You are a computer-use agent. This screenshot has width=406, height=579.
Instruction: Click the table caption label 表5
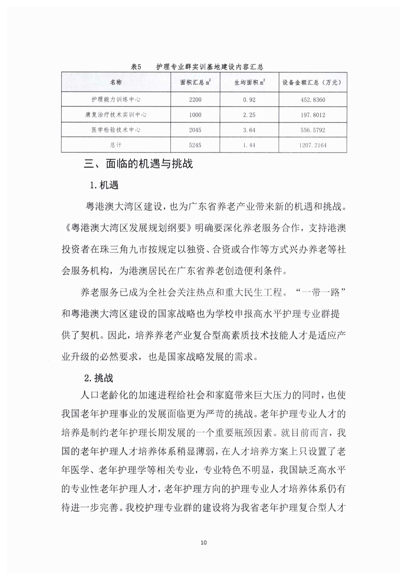136,67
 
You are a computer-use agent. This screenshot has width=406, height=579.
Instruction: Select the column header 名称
116,82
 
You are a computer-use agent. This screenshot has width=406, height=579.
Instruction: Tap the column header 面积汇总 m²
195,82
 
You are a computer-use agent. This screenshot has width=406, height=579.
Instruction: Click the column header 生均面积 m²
249,82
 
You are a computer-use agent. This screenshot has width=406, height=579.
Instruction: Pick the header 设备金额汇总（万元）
312,82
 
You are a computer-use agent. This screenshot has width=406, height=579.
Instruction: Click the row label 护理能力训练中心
116,99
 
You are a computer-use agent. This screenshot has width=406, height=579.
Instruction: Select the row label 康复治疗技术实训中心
116,115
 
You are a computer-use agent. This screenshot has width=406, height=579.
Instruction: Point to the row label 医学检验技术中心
116,130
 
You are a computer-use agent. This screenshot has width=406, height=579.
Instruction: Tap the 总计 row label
116,145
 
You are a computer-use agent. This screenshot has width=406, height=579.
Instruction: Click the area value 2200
195,100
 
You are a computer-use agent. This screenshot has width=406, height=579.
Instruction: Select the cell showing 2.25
249,115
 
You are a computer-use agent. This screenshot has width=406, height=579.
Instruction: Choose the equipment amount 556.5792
312,130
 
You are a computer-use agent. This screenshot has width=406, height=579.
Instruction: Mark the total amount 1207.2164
312,145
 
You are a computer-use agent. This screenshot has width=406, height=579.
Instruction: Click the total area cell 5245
195,145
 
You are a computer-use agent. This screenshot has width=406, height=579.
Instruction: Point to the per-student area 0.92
249,100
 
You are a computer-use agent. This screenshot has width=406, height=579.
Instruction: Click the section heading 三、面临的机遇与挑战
138,164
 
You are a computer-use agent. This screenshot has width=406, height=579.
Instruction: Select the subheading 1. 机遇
104,185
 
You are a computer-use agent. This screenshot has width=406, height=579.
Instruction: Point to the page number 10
203,542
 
